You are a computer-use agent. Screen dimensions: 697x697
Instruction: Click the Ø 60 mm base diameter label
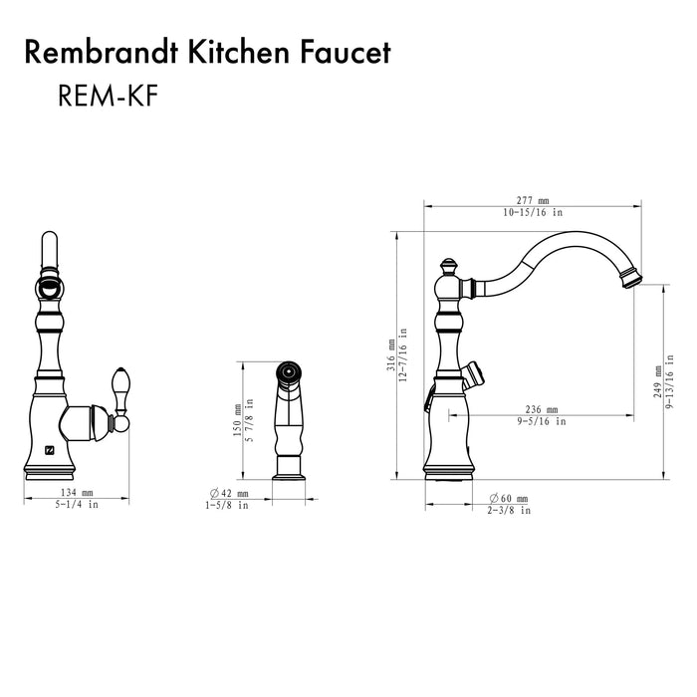[x=509, y=498]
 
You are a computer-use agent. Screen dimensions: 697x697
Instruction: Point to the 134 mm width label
[x=77, y=493]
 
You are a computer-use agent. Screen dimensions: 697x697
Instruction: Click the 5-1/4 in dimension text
[x=77, y=505]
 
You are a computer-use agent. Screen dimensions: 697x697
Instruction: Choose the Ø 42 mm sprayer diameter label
[x=229, y=493]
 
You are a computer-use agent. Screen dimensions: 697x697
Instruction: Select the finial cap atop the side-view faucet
[x=449, y=265]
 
